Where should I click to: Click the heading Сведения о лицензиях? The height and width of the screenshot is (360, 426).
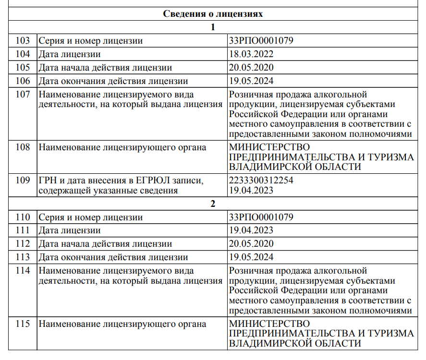point(213,14)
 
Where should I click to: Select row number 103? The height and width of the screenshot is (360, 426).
point(23,41)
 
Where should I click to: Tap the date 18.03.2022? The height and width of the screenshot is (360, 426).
point(252,54)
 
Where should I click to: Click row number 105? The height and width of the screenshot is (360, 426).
point(23,68)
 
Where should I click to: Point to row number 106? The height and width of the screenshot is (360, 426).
point(23,81)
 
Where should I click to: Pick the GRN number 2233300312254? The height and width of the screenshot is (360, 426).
point(261,180)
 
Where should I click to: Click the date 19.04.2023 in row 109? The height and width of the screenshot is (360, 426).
point(252,191)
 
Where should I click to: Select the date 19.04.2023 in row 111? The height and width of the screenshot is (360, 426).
point(252,230)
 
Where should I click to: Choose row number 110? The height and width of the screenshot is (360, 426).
point(23,217)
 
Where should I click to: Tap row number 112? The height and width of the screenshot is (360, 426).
point(23,244)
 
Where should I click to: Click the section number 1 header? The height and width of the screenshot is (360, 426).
point(213,27)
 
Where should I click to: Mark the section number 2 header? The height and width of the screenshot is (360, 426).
point(213,204)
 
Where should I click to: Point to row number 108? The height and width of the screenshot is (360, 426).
point(23,147)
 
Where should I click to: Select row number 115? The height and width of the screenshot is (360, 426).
point(23,324)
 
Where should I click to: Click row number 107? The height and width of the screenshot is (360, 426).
point(23,95)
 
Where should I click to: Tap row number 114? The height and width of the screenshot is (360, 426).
point(23,271)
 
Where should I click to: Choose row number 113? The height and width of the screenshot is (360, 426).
point(23,257)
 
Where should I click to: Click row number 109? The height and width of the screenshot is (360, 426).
point(23,180)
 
